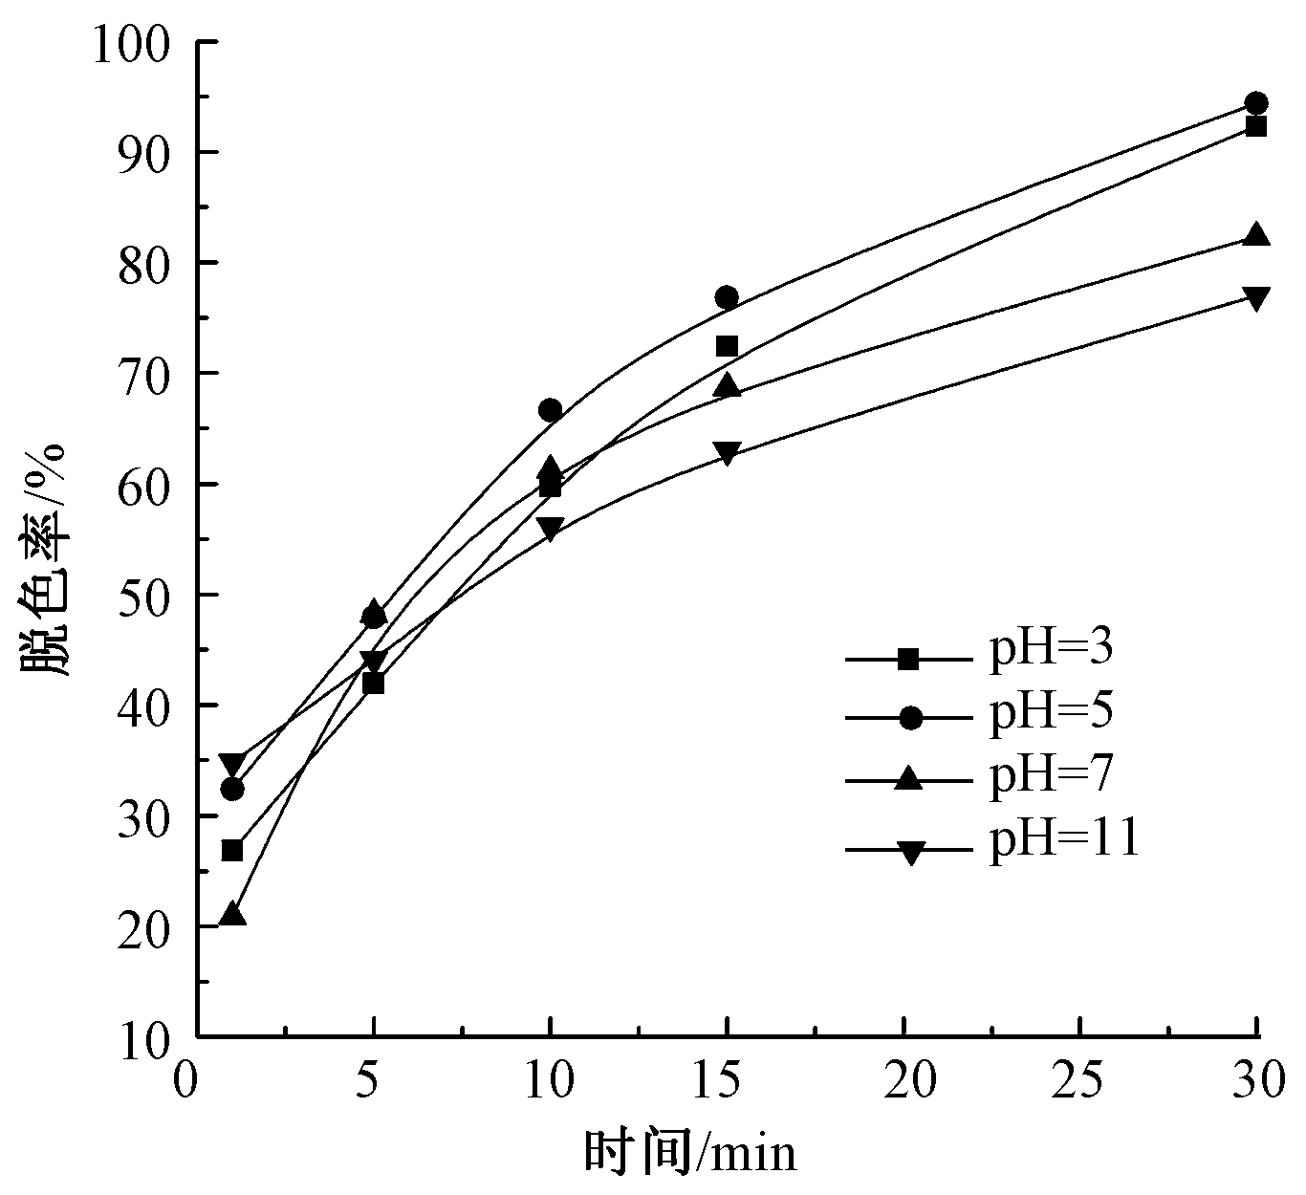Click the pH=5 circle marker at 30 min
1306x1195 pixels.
pos(1256,103)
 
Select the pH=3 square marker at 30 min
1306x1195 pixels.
pos(1256,126)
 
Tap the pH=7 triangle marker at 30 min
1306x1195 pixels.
pos(1256,235)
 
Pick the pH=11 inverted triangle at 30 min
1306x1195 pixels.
pos(1256,297)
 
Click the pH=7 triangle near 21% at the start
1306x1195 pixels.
pos(232,915)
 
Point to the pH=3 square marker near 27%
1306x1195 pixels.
pos(232,851)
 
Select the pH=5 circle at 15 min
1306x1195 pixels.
pos(727,297)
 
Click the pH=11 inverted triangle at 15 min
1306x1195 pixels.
pos(727,452)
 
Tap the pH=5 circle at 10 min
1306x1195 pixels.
pos(551,410)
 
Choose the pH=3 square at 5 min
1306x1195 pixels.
pos(374,684)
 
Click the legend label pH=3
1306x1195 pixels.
pos(1051,650)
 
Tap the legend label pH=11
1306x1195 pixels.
pos(1064,839)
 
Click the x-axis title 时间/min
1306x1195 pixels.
pos(689,1153)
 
